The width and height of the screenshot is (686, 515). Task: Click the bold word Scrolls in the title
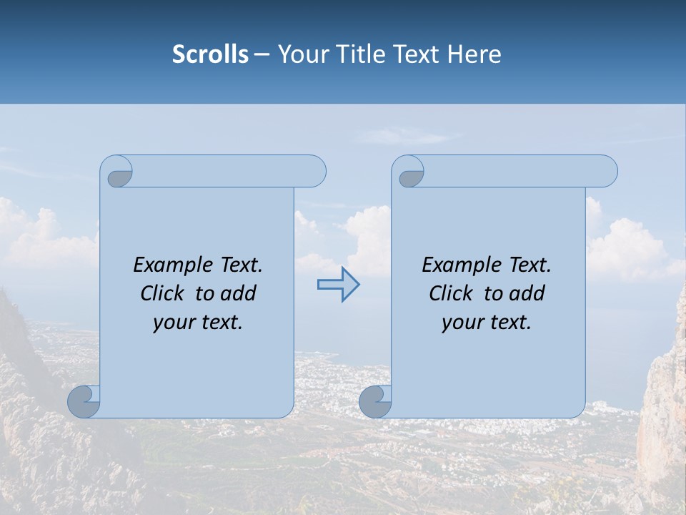210,54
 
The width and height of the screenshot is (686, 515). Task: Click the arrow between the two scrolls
338,285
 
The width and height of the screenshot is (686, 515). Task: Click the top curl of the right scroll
411,176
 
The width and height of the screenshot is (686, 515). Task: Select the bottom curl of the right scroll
375,401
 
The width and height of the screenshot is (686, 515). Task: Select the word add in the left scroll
239,293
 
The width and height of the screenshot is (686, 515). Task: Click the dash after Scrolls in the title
262,54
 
